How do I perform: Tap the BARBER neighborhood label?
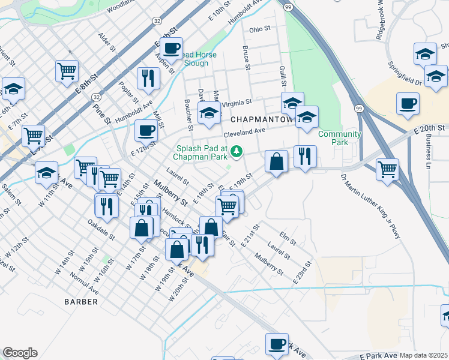(x=80, y=302)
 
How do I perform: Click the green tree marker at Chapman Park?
(x=238, y=150)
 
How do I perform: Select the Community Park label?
(x=339, y=139)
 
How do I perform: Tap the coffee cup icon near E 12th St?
(x=146, y=130)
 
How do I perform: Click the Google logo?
(x=20, y=353)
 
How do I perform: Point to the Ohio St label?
(x=261, y=29)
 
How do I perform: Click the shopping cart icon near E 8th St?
(x=67, y=71)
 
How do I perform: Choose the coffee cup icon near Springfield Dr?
(x=408, y=103)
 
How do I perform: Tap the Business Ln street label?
(x=429, y=152)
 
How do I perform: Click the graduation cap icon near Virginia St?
(x=209, y=113)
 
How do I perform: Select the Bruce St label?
(x=246, y=58)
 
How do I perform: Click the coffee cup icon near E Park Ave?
(x=277, y=344)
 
